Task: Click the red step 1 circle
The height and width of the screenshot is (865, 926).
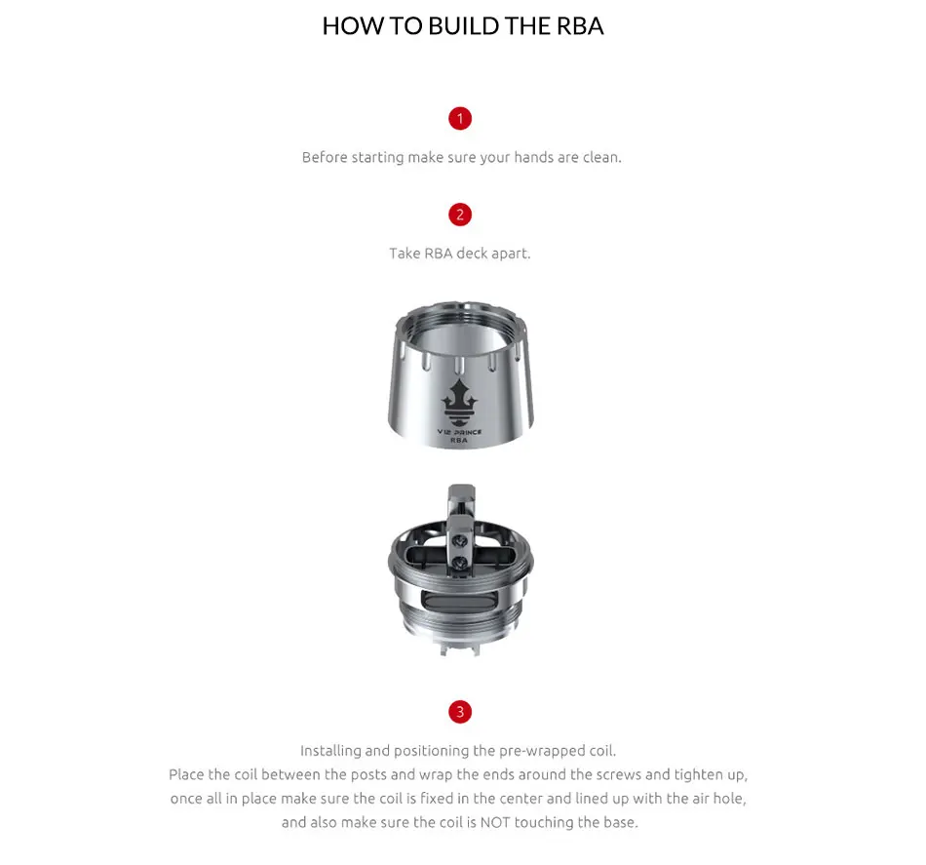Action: (460, 118)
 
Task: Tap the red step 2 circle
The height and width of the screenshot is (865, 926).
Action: (460, 215)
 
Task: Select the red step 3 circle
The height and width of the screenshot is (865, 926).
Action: (460, 711)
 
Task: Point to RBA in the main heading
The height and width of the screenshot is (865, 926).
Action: (580, 26)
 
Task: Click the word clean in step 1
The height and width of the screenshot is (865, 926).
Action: (601, 157)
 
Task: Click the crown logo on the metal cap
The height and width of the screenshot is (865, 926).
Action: (459, 397)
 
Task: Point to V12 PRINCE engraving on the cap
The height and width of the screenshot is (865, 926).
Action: (459, 431)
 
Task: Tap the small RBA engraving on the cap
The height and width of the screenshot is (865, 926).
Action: (459, 441)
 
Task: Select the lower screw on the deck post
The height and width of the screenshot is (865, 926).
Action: (461, 563)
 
